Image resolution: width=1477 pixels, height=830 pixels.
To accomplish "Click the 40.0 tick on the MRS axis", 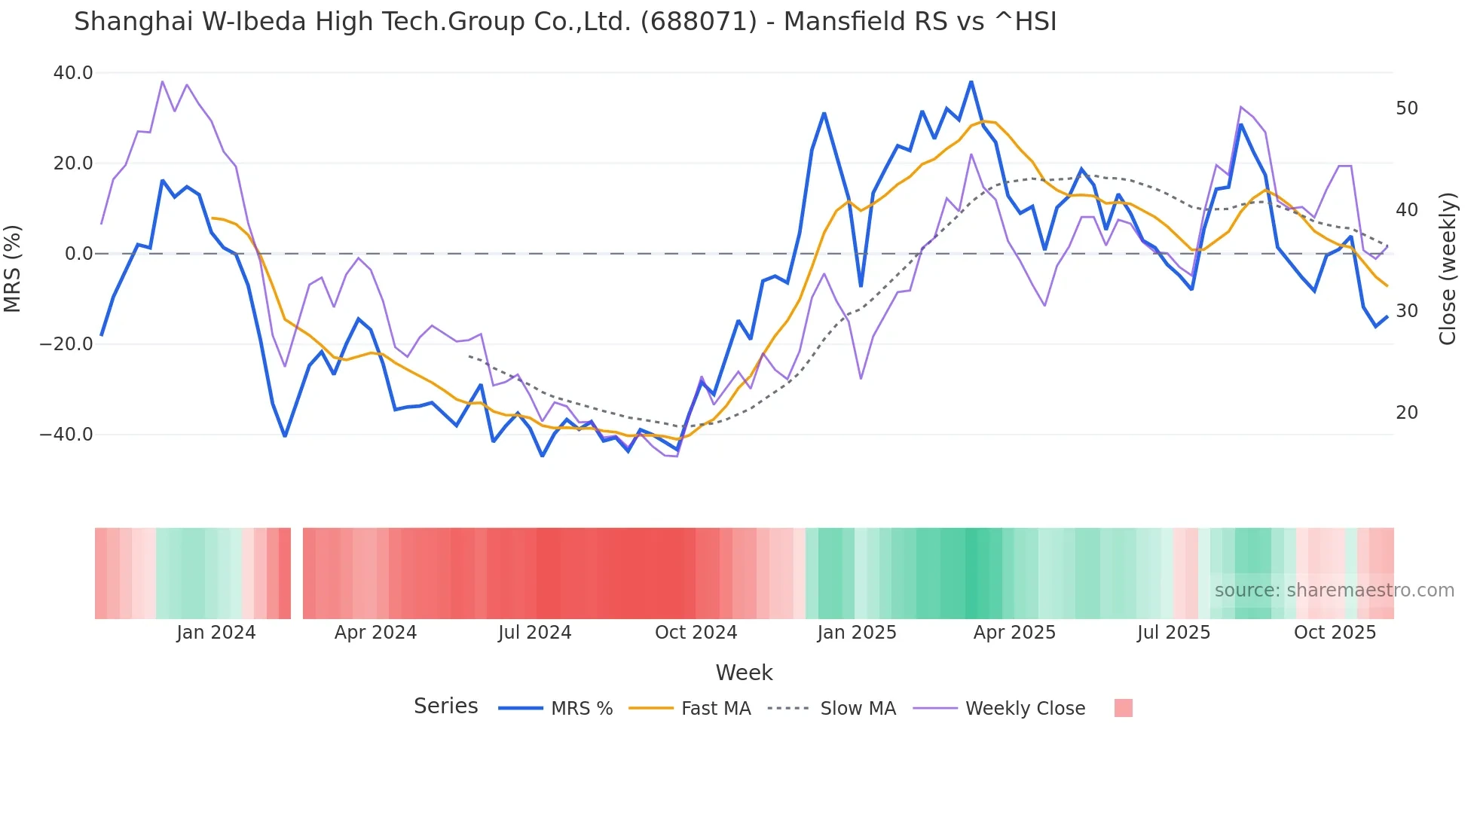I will coord(73,73).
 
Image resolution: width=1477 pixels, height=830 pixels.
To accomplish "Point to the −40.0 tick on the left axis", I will coord(67,435).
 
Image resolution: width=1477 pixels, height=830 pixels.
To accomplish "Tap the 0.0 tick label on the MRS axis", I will coord(78,254).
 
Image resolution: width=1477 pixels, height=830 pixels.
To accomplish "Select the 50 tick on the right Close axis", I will coord(1407,108).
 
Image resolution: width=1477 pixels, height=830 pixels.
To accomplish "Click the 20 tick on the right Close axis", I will coord(1407,413).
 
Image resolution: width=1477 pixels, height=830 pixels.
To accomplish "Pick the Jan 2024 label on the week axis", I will coord(216,633).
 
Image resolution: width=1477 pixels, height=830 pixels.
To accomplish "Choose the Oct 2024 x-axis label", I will coord(696,633).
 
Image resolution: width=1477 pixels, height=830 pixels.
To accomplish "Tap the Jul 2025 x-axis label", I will coord(1173,633).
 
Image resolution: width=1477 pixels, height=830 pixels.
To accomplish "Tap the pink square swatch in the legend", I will coord(1123,708).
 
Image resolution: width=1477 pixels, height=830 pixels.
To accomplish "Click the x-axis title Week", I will coord(744,673).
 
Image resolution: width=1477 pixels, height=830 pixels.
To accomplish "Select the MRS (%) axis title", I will coord(13,268).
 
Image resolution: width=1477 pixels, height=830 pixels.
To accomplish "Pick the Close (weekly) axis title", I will coord(1447,269).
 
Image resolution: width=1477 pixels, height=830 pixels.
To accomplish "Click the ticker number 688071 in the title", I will coord(699,22).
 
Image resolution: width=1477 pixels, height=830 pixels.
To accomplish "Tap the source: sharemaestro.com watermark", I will coord(1334,590).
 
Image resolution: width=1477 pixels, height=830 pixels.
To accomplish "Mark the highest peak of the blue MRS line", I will coord(971,81).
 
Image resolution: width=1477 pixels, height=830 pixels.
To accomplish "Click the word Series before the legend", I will coord(445,706).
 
